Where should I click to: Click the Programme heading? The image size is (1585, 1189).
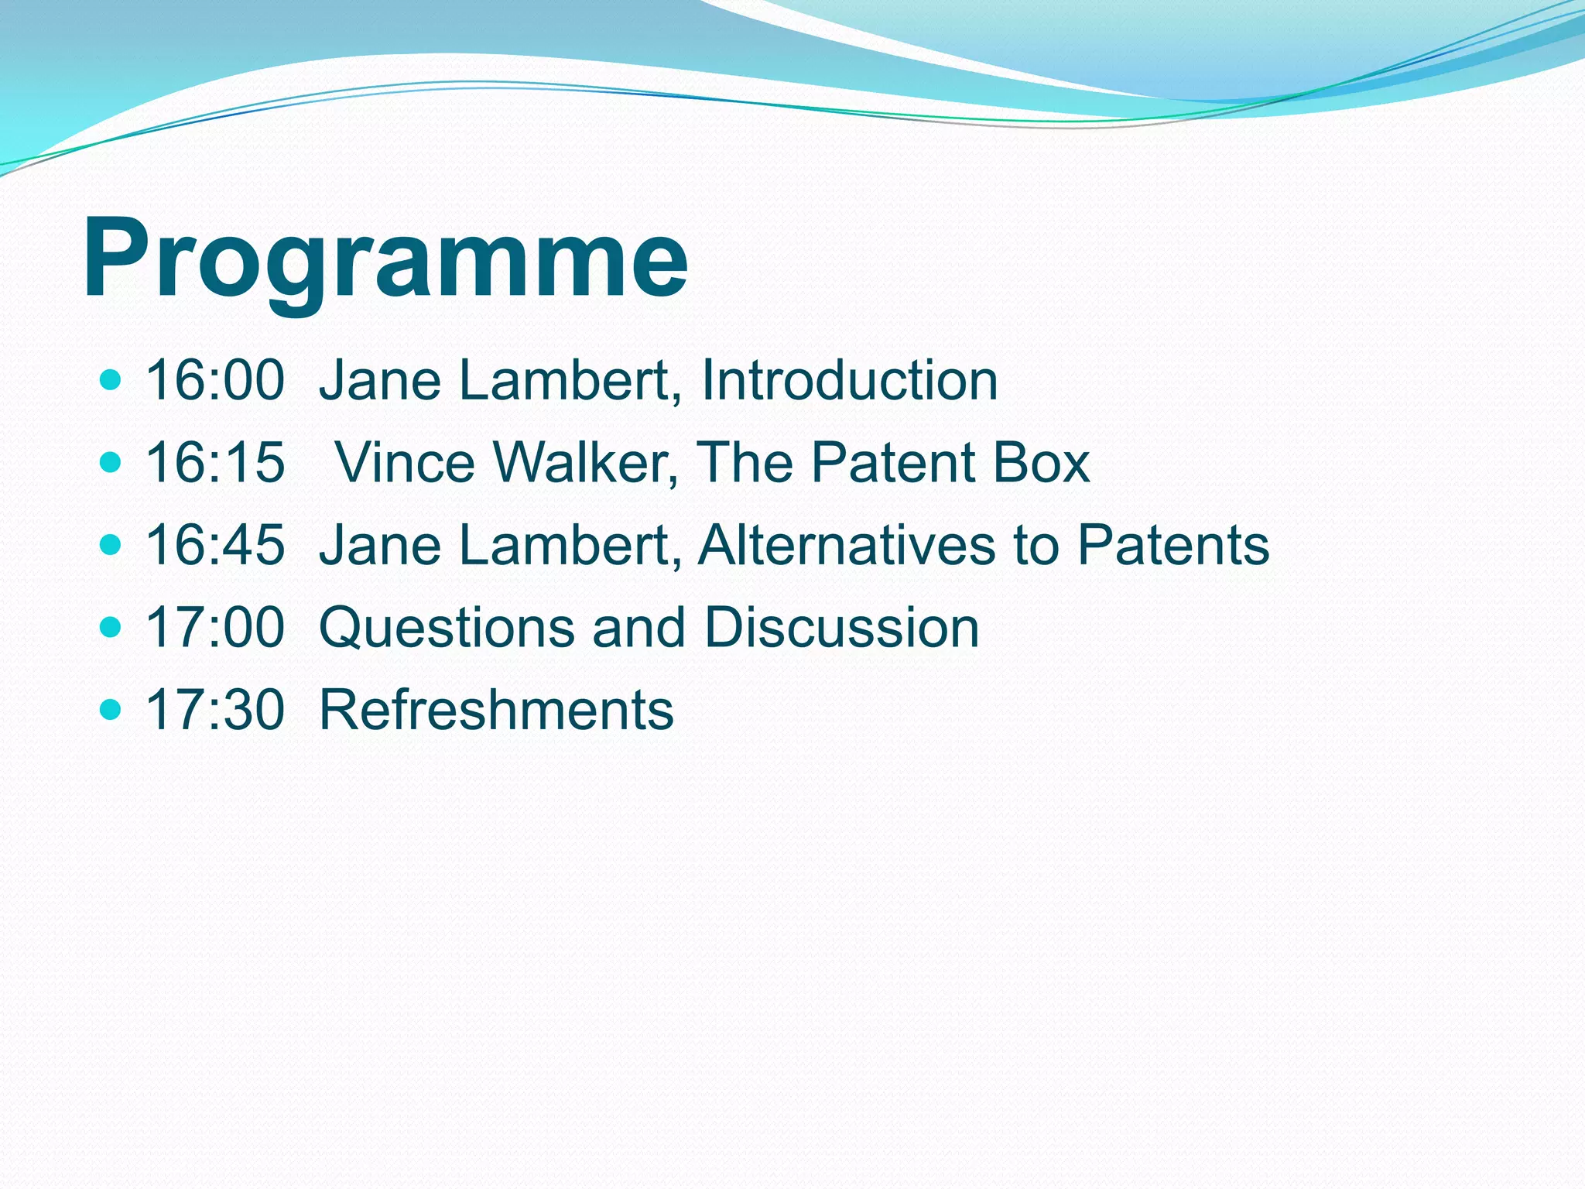tap(385, 258)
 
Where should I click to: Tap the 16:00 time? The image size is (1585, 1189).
tap(215, 380)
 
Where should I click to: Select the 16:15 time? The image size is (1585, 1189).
tap(215, 462)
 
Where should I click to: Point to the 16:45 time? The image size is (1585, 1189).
tap(215, 544)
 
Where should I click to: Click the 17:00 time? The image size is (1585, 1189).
tap(215, 627)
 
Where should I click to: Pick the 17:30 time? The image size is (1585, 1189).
tap(215, 709)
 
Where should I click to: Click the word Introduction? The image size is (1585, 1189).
tap(849, 380)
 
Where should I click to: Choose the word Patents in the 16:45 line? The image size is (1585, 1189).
tap(1173, 544)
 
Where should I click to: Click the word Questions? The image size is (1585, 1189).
tap(447, 627)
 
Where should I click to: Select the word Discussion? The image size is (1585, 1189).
tap(841, 627)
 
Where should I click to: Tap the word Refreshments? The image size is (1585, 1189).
tap(496, 709)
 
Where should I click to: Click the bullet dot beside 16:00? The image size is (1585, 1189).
tap(111, 380)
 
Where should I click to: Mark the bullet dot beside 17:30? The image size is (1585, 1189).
tap(111, 709)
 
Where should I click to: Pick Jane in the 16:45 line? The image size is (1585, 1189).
tap(379, 544)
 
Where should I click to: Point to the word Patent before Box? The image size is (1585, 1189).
tap(892, 462)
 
